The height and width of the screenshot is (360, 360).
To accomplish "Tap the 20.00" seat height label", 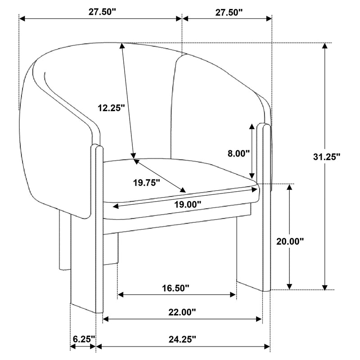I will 290,241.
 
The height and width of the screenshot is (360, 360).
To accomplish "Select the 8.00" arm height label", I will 238,153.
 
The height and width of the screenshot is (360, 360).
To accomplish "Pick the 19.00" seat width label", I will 187,203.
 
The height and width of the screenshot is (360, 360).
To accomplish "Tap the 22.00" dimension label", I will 182,311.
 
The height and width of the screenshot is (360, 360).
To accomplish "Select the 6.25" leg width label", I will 83,338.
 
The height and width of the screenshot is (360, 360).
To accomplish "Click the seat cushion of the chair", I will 180,178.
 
